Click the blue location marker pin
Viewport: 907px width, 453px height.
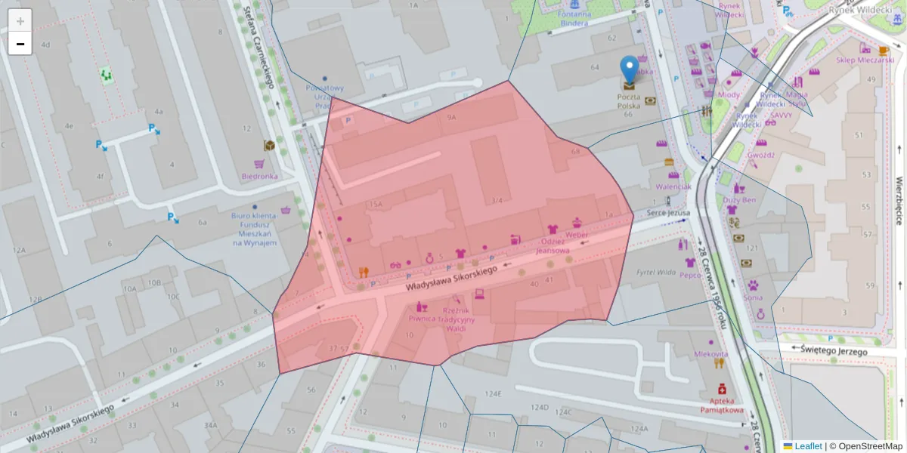(629, 69)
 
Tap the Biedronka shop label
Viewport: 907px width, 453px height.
(259, 176)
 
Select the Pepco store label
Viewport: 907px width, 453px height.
(689, 276)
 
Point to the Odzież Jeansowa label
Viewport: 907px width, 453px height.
(552, 246)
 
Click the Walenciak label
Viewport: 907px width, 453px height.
(673, 186)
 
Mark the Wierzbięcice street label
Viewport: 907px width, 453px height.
(899, 200)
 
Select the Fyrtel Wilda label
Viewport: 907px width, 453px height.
(655, 272)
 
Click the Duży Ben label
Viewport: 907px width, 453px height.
(739, 200)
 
